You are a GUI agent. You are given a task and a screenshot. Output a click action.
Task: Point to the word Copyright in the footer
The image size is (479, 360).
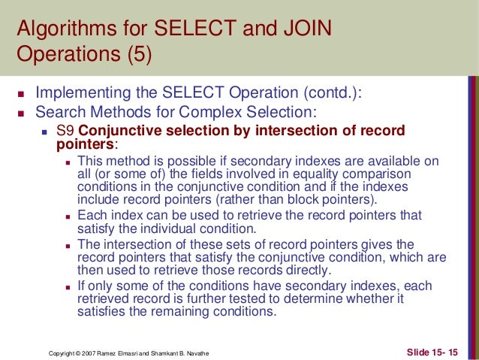(x=61, y=351)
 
